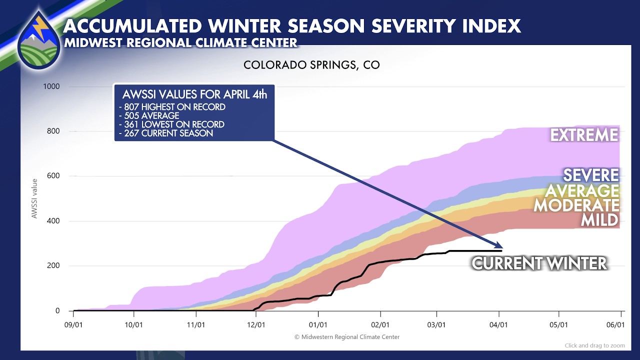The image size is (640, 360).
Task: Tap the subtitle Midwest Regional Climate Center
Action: (x=181, y=42)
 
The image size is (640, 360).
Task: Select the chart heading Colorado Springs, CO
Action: (x=311, y=65)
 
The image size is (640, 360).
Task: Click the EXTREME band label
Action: (x=584, y=135)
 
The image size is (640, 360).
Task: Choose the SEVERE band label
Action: (x=591, y=175)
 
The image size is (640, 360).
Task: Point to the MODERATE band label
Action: (x=576, y=205)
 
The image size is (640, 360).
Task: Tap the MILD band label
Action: (x=599, y=220)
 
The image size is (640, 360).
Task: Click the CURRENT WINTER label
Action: (x=539, y=263)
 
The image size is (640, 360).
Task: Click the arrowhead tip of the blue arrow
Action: (x=501, y=247)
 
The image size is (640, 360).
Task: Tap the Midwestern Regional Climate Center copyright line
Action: (x=347, y=337)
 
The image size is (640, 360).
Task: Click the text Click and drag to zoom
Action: (x=595, y=345)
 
